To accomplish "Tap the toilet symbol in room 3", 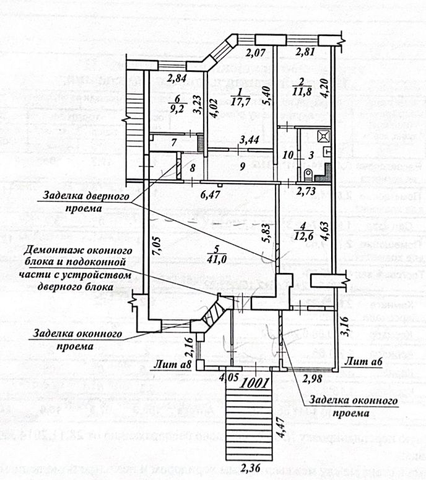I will tap(308, 173).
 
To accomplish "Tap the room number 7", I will tap(174, 142).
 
